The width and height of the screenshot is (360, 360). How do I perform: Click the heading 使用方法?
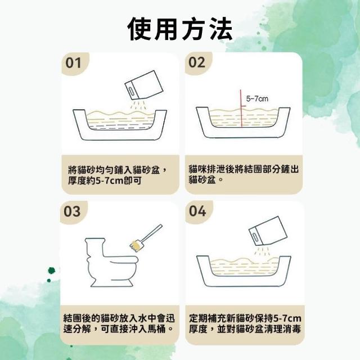coord(180,29)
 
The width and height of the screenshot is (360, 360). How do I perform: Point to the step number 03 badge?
coord(73,211)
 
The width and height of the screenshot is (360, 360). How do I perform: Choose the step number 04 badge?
coord(197,211)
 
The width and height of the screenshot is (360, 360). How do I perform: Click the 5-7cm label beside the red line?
coord(257,99)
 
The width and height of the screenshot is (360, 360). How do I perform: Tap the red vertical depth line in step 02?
coord(241,108)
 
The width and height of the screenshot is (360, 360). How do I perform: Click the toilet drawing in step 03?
coord(111,262)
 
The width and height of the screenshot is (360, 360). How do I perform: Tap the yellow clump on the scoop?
coord(136,245)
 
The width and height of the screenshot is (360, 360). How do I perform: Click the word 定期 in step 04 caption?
coord(198,318)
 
